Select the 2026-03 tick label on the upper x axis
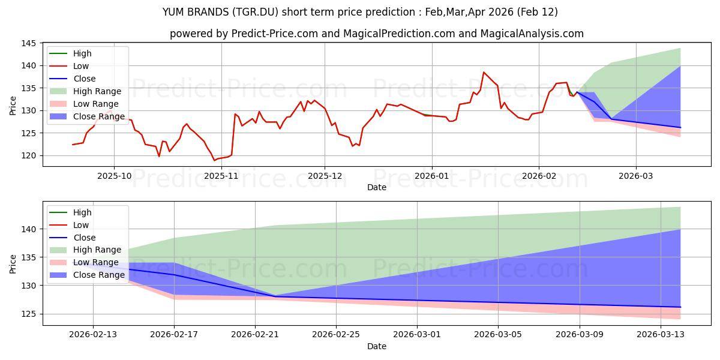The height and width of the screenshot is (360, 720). coord(636,176)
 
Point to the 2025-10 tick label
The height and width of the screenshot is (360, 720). coord(114,176)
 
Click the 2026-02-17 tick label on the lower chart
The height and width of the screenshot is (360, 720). coord(174,335)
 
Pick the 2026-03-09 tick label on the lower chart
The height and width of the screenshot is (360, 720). coord(580,335)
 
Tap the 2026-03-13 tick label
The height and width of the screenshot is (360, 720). coord(661,335)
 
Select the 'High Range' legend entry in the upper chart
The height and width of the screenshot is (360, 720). coord(97,91)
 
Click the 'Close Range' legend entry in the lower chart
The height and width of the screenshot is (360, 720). coord(98,275)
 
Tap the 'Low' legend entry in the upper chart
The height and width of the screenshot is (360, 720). coord(80,66)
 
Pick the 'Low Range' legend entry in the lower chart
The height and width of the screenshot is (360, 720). coord(96,262)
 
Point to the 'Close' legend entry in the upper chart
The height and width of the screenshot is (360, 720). coord(84,79)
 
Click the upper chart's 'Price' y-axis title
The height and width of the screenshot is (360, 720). coord(13,105)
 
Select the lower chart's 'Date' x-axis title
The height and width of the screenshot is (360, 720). coord(376,346)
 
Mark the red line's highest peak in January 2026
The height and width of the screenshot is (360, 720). coord(484,72)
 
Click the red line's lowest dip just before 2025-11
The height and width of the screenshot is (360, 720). coord(214,160)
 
